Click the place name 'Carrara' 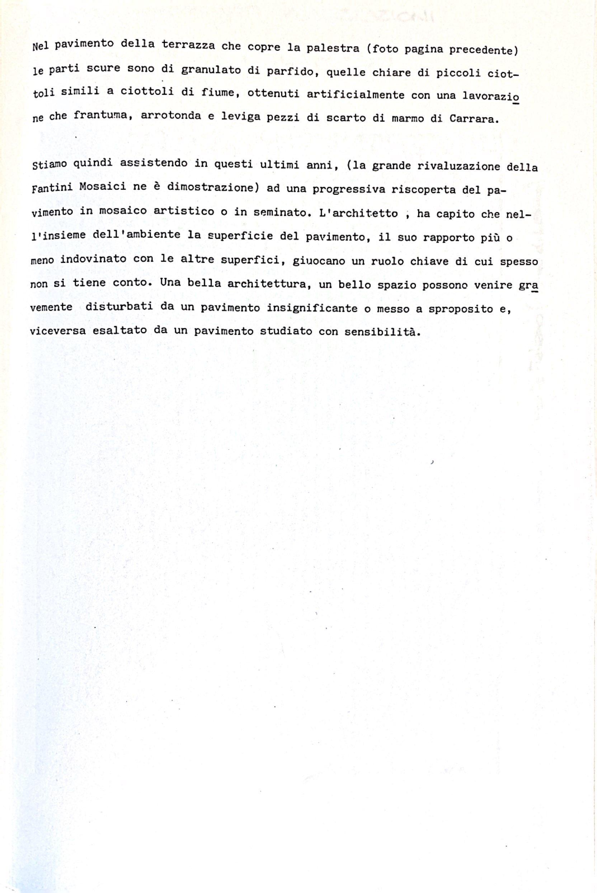474,119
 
